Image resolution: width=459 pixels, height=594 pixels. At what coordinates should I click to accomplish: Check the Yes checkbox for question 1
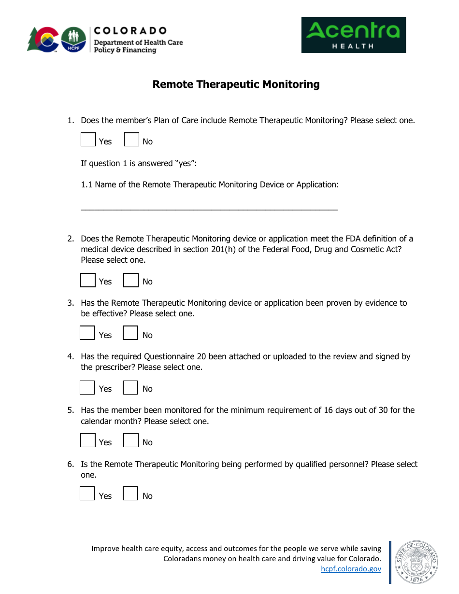[88, 140]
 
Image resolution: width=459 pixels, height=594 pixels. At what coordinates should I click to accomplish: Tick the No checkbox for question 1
[131, 140]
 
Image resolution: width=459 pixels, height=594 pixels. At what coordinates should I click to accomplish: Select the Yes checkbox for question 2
[87, 280]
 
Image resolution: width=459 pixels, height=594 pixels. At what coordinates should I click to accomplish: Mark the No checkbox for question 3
[130, 333]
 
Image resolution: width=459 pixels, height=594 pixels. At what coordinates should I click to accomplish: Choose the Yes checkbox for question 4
[87, 387]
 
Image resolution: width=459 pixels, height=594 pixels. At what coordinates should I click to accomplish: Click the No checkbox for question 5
[130, 440]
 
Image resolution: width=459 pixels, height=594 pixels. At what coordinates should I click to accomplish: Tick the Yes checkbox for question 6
[87, 494]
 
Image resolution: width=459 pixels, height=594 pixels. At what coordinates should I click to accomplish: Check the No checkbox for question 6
[130, 494]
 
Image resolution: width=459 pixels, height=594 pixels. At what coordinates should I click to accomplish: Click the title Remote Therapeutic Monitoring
[236, 85]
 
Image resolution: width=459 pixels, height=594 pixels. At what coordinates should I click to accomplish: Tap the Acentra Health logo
[353, 35]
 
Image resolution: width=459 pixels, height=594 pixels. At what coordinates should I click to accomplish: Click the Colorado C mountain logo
[43, 39]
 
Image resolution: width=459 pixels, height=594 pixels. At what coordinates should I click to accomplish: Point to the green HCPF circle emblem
[74, 39]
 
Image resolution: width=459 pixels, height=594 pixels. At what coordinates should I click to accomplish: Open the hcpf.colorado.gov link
[351, 569]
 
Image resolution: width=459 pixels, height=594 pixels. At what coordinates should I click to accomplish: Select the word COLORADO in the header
[130, 31]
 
